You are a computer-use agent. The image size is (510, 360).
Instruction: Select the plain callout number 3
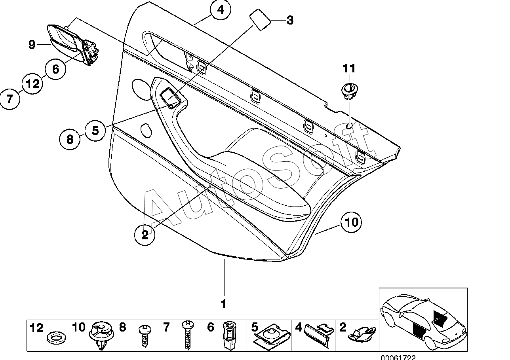click(290, 21)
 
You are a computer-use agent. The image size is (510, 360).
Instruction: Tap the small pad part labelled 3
click(260, 20)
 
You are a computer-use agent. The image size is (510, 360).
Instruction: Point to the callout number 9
click(32, 45)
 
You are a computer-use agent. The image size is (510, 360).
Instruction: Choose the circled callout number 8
click(70, 139)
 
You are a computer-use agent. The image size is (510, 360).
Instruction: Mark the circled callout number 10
click(351, 222)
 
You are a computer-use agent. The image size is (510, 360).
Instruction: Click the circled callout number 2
click(145, 235)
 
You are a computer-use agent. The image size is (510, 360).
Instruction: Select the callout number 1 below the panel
click(224, 304)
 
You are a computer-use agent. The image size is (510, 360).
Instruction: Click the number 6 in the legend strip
click(210, 327)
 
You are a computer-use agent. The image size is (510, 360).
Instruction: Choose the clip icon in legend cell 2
click(361, 334)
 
